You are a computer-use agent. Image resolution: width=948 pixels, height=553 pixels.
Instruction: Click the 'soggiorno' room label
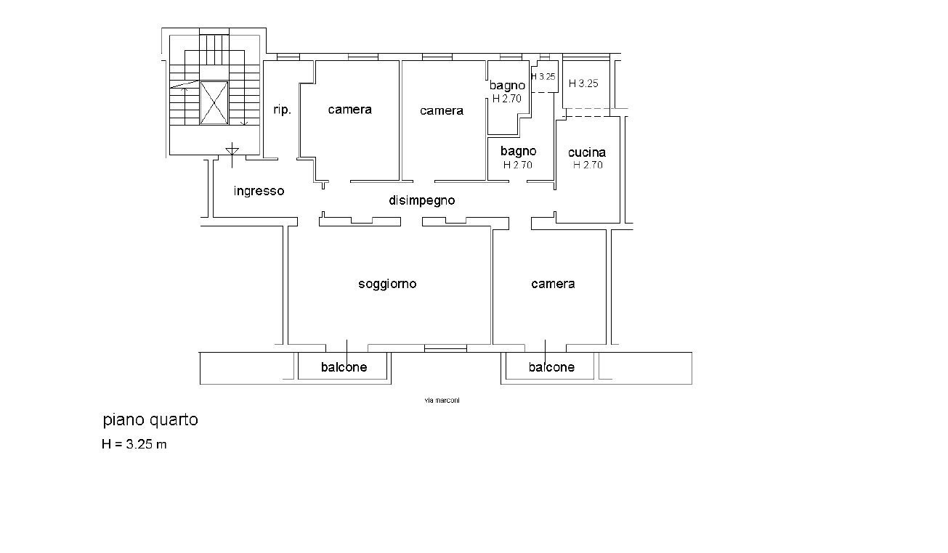coord(387,284)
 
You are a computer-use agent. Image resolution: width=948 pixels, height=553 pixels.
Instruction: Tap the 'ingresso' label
coord(259,191)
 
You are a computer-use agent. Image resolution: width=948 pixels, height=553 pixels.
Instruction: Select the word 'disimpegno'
coord(422,200)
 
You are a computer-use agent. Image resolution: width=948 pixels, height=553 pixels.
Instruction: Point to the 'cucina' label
coord(586,152)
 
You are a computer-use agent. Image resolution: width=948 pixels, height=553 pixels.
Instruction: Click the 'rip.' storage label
coord(283,110)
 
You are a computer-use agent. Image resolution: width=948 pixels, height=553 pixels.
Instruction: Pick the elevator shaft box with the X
coord(214,103)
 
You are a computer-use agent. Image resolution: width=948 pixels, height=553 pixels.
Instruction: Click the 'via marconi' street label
coord(442,401)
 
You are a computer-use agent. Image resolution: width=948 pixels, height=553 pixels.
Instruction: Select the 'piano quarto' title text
coord(150,419)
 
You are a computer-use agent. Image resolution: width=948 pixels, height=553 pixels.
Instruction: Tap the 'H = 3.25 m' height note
coord(134,444)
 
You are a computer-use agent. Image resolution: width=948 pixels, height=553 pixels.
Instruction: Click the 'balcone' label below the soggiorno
coord(344,367)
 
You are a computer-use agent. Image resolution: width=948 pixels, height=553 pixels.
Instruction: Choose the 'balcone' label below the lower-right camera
coord(551,367)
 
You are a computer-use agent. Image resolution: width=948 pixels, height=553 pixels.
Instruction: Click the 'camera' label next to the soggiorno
coord(553,284)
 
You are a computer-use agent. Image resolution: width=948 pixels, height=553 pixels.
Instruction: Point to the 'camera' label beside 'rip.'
coord(350,110)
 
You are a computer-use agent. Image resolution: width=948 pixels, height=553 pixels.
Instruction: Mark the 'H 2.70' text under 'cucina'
coord(588,165)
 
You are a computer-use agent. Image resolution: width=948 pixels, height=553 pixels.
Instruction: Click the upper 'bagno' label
coord(508,86)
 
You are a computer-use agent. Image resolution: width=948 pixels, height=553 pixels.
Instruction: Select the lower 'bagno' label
coord(519,152)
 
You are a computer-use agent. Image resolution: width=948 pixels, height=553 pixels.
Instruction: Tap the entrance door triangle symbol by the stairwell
coord(232,150)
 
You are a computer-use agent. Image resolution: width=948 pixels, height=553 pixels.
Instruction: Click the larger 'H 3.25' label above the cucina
coord(583,83)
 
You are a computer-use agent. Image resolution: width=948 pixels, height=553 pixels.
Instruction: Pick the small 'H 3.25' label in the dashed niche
coord(543,77)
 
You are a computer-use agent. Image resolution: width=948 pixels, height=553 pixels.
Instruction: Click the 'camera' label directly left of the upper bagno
coord(442,111)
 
